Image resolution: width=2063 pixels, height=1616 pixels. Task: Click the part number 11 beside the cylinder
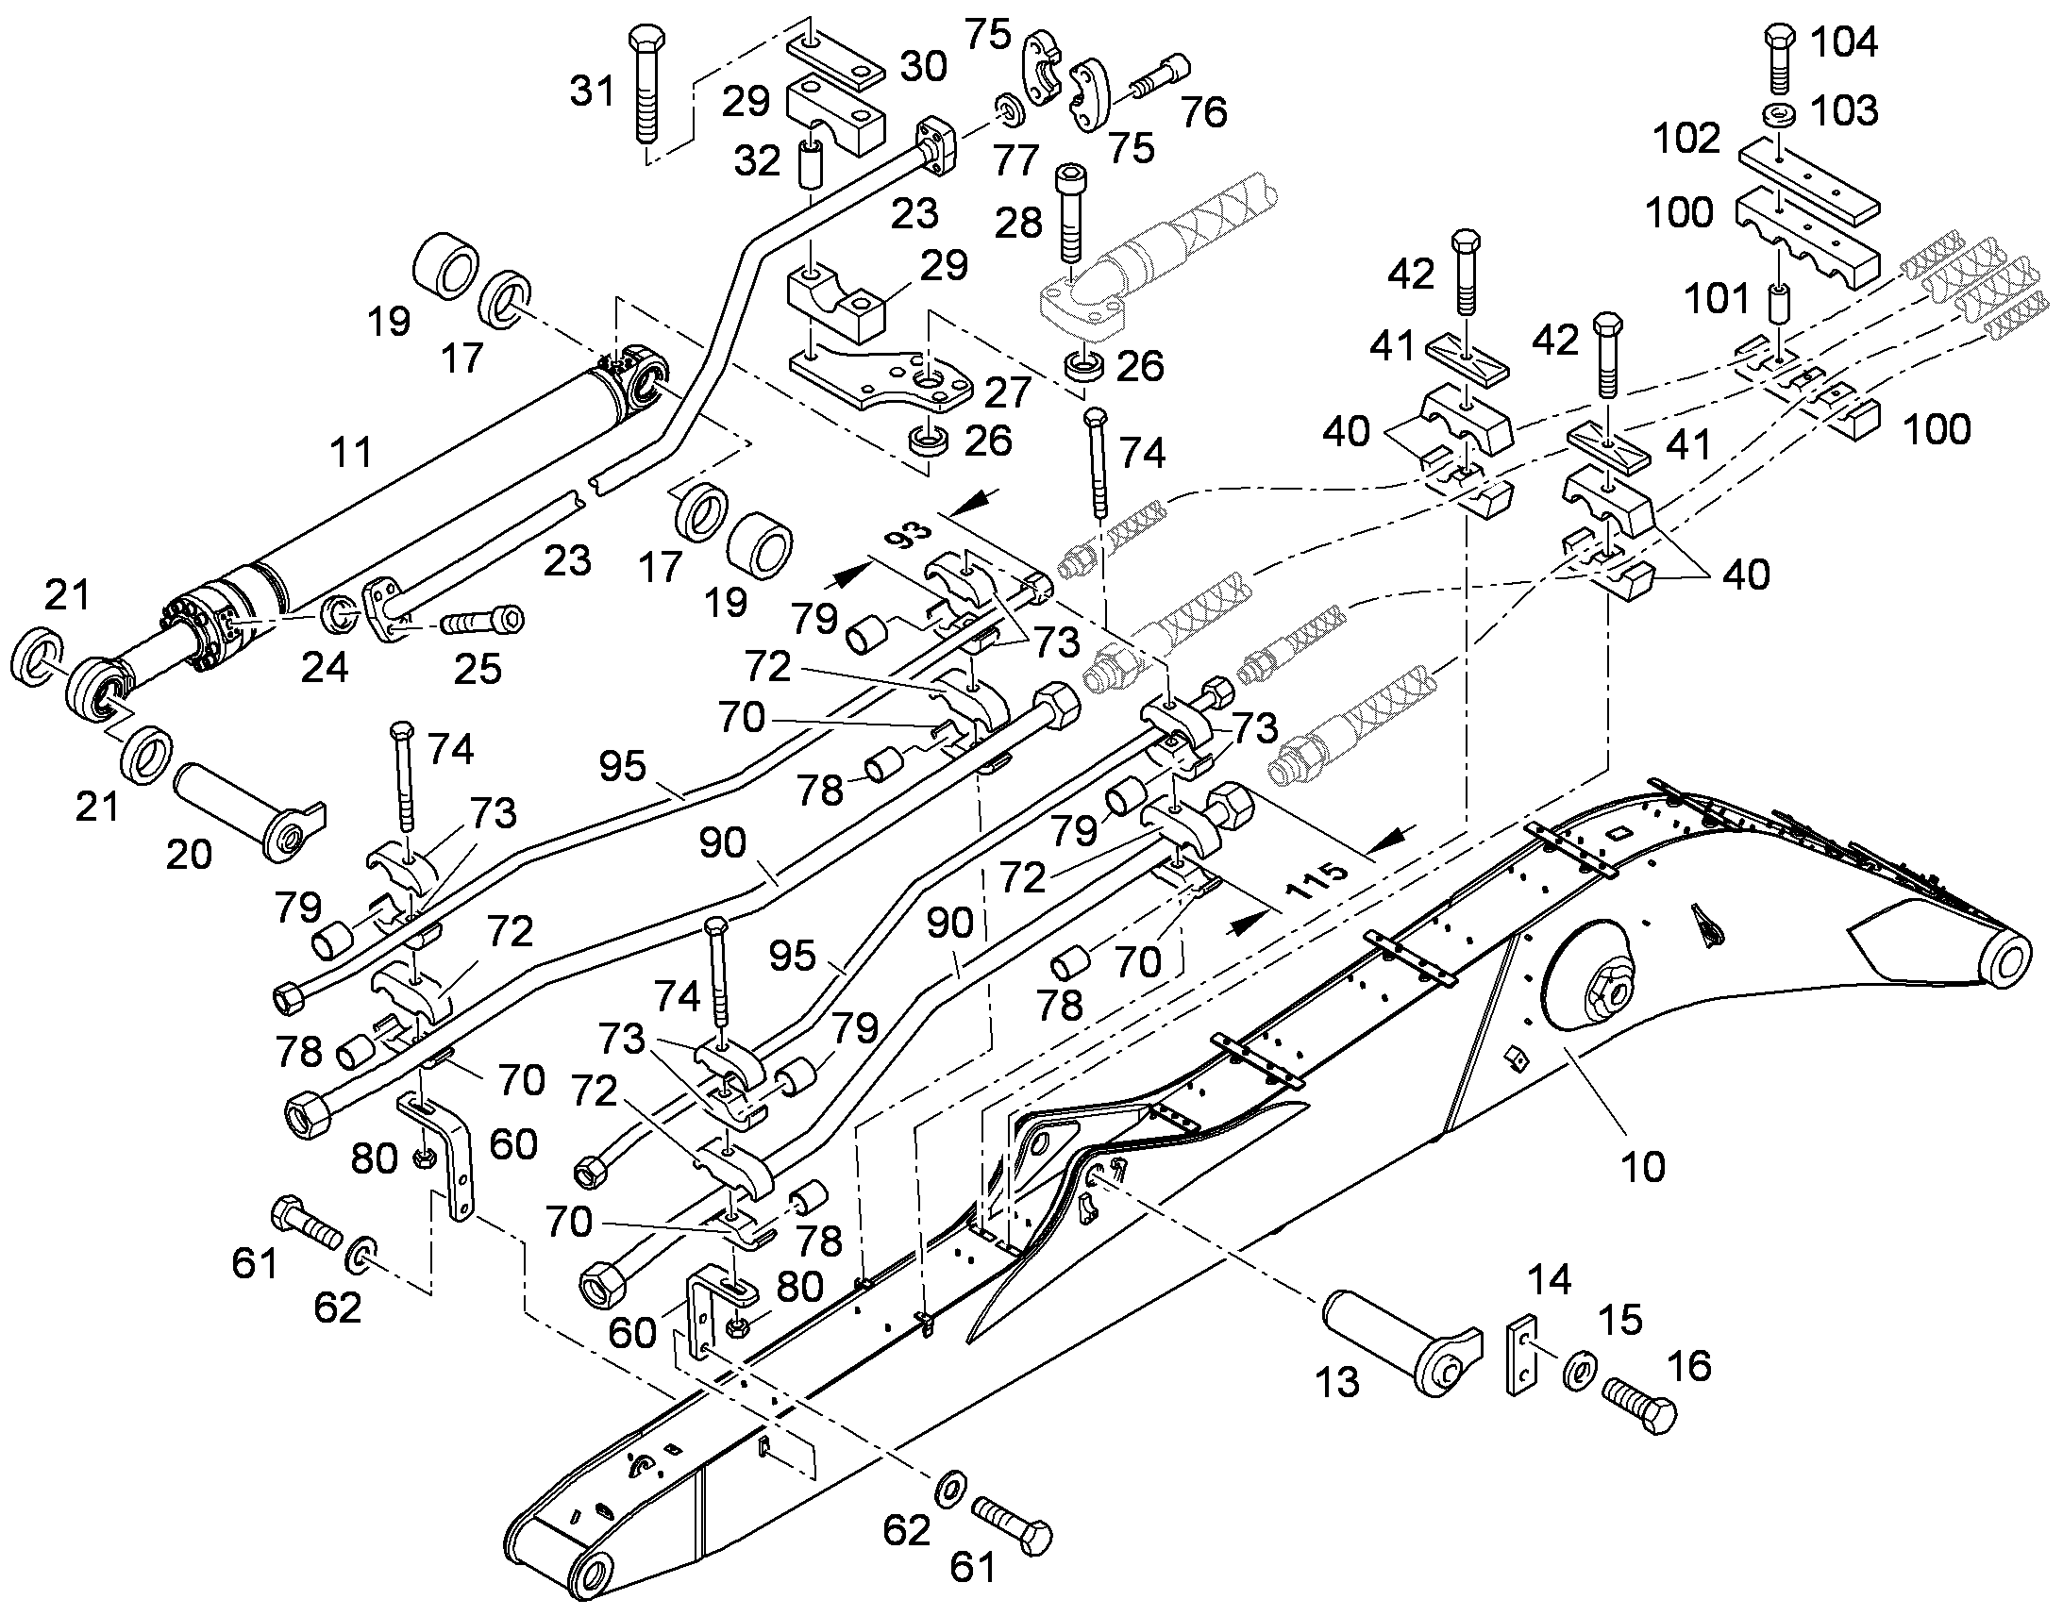point(350,452)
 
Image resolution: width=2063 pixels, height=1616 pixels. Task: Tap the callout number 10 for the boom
point(1644,1168)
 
